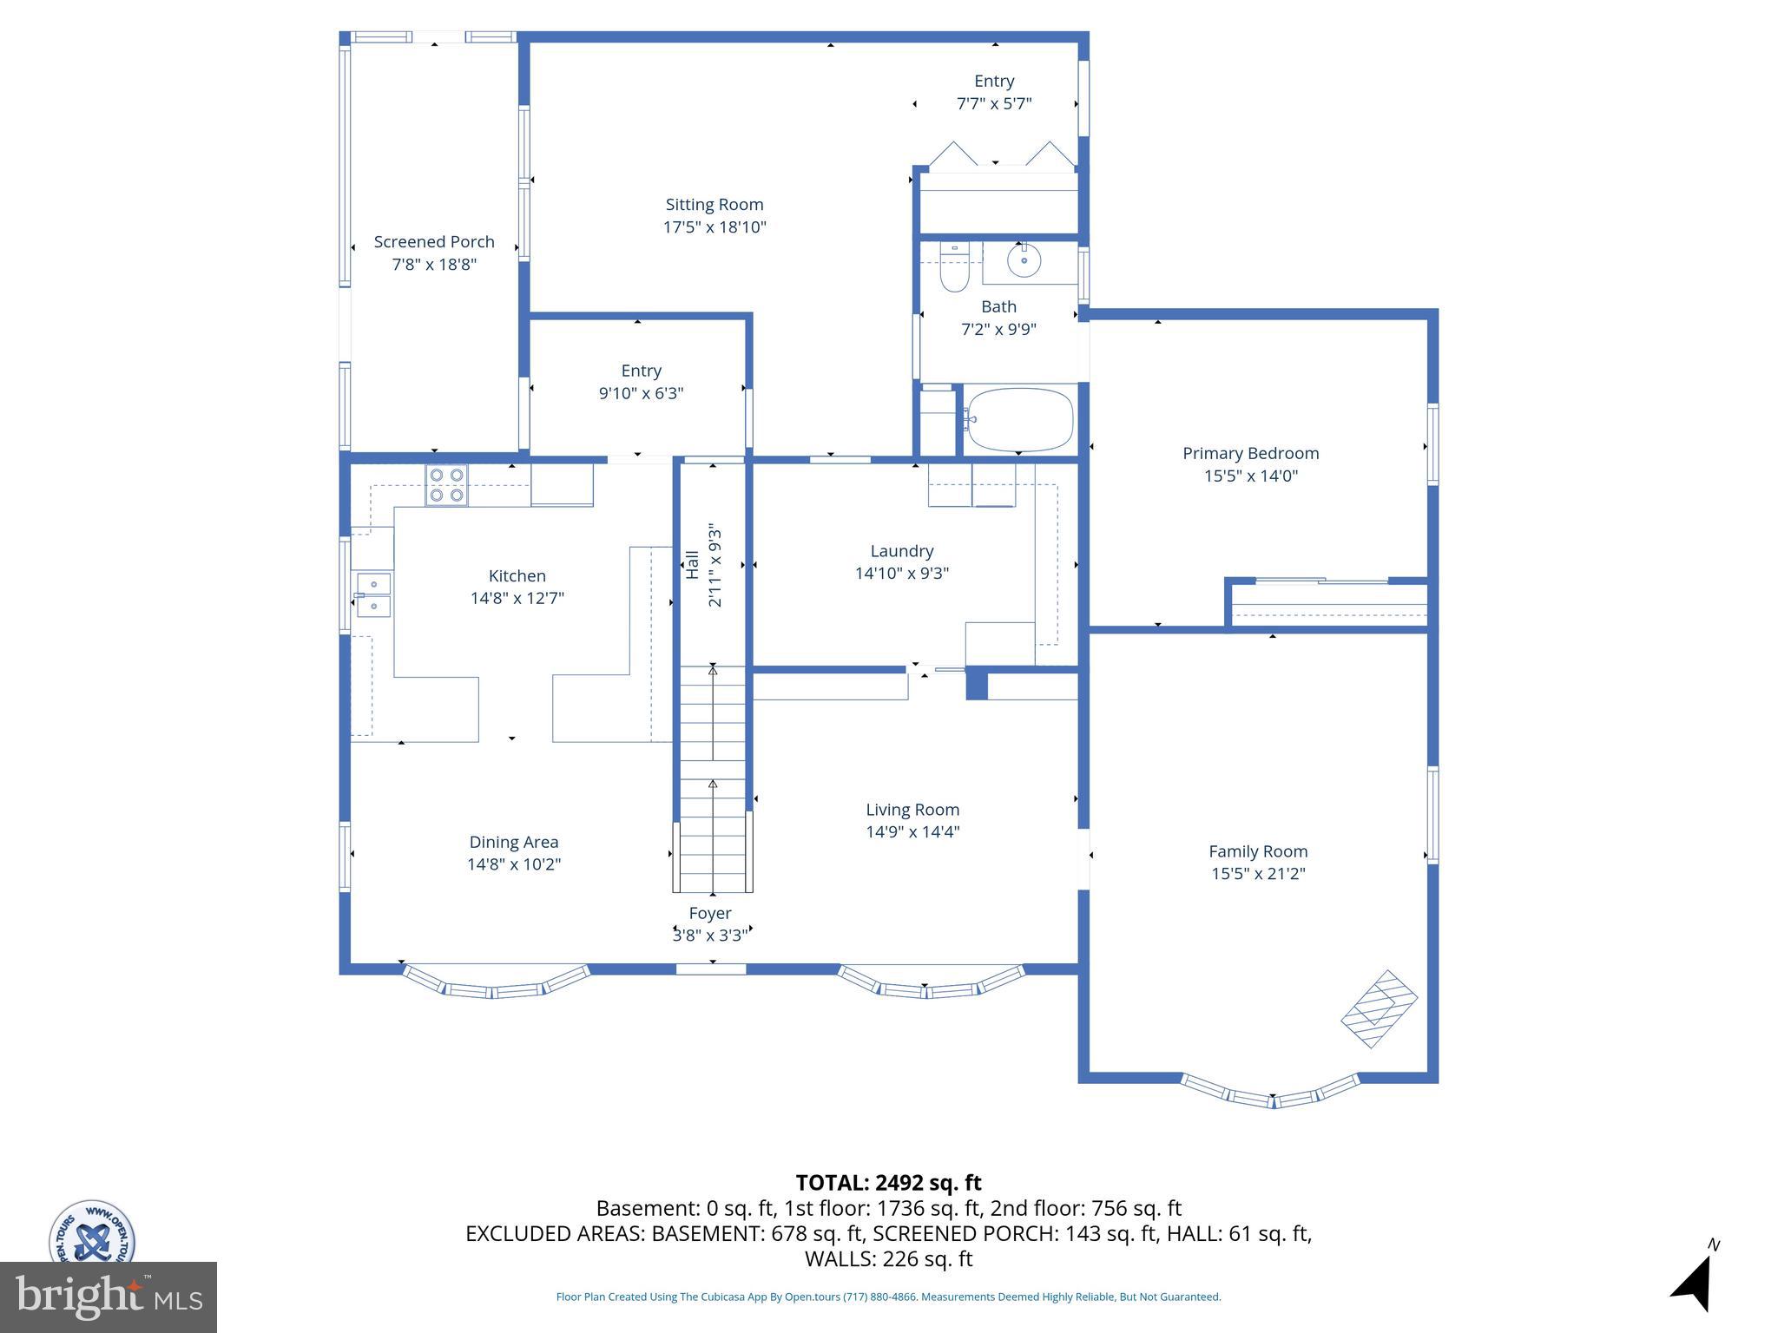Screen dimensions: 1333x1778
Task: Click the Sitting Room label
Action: pos(714,205)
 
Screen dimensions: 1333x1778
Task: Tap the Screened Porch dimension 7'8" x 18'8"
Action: pos(434,265)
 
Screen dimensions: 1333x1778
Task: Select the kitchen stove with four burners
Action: pos(446,486)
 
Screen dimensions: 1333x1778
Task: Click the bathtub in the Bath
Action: pos(1020,419)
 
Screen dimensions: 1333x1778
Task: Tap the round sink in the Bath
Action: pos(1024,259)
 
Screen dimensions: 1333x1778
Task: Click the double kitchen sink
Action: pos(373,594)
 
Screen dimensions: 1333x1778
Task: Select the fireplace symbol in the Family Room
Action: pos(1379,1008)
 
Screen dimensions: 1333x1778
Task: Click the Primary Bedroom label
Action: pos(1250,453)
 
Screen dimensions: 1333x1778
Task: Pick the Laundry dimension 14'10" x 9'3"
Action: pos(901,574)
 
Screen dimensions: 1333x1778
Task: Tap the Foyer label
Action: pos(710,913)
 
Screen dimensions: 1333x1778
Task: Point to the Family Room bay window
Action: pos(1272,1093)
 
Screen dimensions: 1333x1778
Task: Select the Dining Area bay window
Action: pos(495,984)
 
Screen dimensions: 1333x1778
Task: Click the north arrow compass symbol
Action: pos(1693,1281)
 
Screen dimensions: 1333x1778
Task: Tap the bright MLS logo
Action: pos(108,1297)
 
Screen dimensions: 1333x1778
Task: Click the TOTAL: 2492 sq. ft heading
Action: pos(888,1183)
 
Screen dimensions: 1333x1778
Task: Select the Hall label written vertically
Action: pos(692,565)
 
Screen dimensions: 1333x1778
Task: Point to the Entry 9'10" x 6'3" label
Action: pos(641,371)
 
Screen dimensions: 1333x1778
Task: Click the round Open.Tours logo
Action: pos(91,1232)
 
